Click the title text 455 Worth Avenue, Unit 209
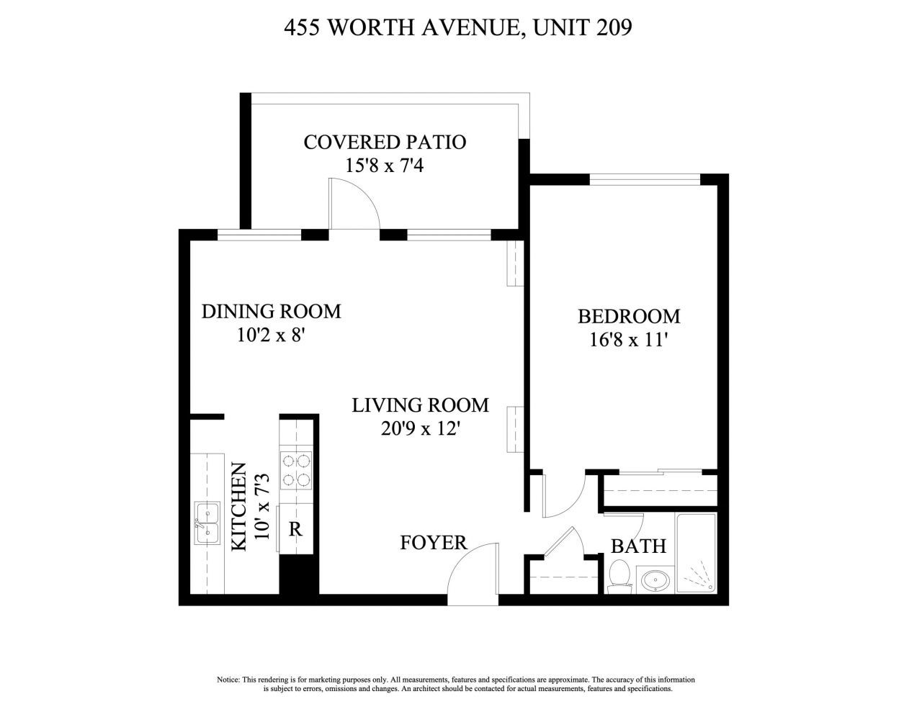(x=458, y=28)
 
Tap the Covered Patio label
(x=385, y=142)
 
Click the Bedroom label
(x=629, y=316)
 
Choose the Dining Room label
(x=271, y=311)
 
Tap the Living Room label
(x=420, y=405)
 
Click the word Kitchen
(x=239, y=507)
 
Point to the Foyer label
(x=434, y=542)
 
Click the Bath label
(x=638, y=546)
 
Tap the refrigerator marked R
(x=295, y=529)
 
